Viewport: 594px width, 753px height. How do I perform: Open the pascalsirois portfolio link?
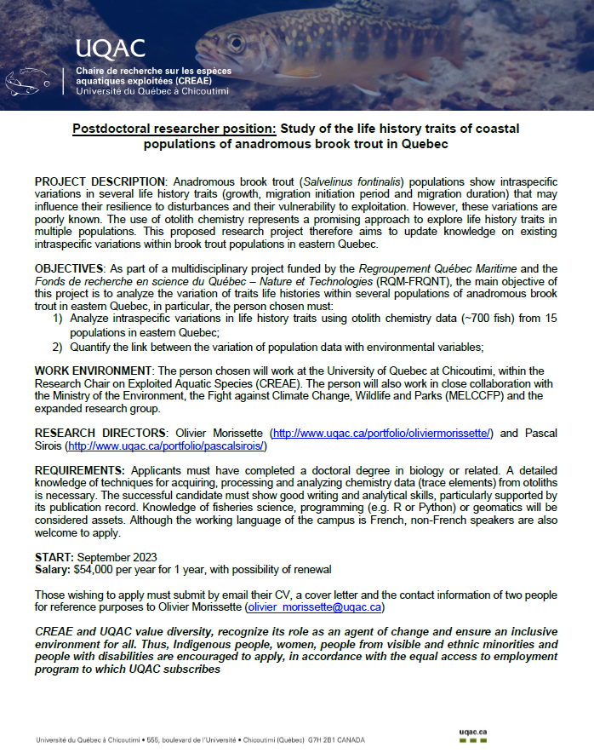coord(167,445)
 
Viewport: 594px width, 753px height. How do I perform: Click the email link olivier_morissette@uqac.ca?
coord(314,607)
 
